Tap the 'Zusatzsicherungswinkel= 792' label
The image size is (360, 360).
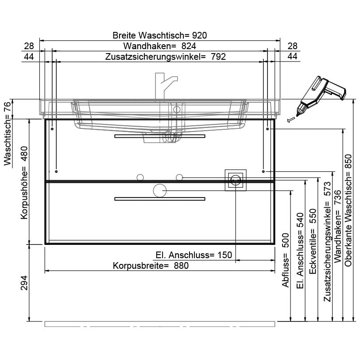(x=166, y=57)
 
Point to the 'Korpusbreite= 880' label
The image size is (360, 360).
(x=151, y=266)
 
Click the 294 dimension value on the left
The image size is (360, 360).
(x=25, y=283)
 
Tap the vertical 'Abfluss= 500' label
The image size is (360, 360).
(x=286, y=260)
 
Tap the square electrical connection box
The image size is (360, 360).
(x=235, y=180)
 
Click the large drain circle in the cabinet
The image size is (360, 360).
(x=159, y=191)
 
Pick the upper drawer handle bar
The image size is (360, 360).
(x=160, y=136)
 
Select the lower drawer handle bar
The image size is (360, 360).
(x=160, y=199)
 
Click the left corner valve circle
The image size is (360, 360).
(x=140, y=178)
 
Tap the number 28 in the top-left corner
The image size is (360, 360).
(x=29, y=46)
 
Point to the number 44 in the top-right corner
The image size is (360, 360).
(x=292, y=56)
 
